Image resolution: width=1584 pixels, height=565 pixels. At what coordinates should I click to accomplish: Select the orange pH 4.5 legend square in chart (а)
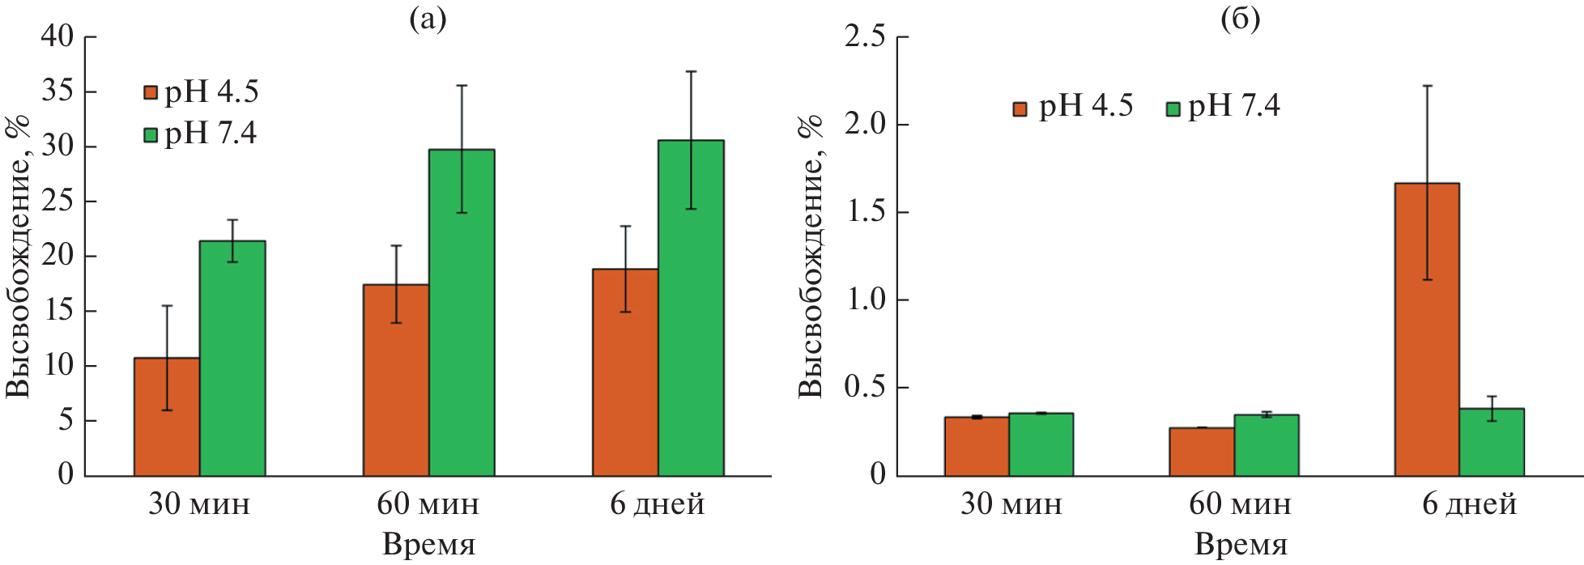pos(150,92)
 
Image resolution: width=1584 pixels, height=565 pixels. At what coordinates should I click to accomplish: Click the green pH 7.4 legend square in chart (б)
pos(1173,108)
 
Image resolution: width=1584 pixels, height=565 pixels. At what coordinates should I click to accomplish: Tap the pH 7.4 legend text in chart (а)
pos(211,133)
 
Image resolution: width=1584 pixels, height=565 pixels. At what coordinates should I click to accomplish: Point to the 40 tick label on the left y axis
pos(57,36)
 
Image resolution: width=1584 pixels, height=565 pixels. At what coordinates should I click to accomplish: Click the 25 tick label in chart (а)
pos(57,201)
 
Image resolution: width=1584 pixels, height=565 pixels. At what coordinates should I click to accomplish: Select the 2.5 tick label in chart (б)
pos(864,36)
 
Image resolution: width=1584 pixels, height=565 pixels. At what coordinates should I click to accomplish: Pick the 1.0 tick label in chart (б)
pos(864,299)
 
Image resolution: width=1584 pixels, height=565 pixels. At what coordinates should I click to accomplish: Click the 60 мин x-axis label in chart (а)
pos(428,504)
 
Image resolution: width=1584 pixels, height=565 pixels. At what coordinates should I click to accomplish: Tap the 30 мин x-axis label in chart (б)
pos(1011,504)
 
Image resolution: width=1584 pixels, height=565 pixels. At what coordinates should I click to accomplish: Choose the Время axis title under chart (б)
pos(1241,544)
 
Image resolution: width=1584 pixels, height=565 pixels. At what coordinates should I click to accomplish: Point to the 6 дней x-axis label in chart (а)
pos(657,504)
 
